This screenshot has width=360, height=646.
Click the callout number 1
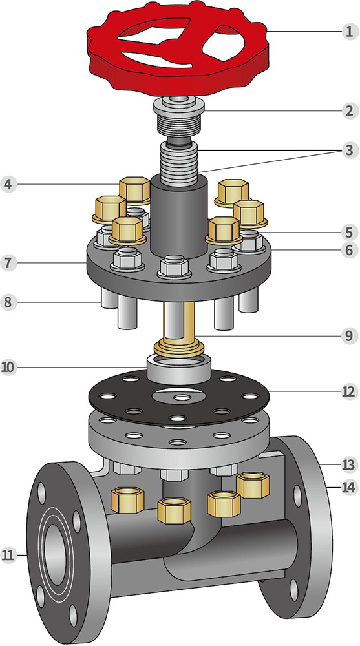click(349, 31)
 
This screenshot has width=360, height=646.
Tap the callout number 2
click(349, 111)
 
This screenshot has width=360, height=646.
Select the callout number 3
click(349, 151)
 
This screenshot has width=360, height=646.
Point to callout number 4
click(8, 184)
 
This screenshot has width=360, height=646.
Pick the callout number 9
click(349, 335)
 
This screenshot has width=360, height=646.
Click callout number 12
click(348, 391)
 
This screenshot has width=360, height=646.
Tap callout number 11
click(8, 555)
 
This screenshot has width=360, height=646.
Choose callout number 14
click(348, 487)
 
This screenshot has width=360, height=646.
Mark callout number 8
click(8, 302)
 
